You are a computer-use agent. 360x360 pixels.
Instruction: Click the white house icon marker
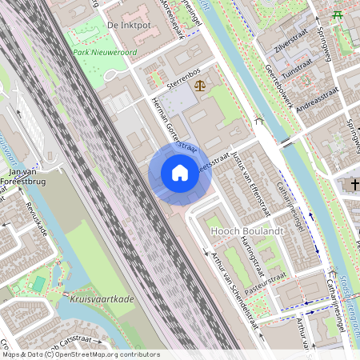pos(180,173)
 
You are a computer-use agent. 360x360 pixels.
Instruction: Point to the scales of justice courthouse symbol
pos(198,82)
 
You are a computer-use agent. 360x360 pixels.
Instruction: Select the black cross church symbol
pos(354,185)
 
